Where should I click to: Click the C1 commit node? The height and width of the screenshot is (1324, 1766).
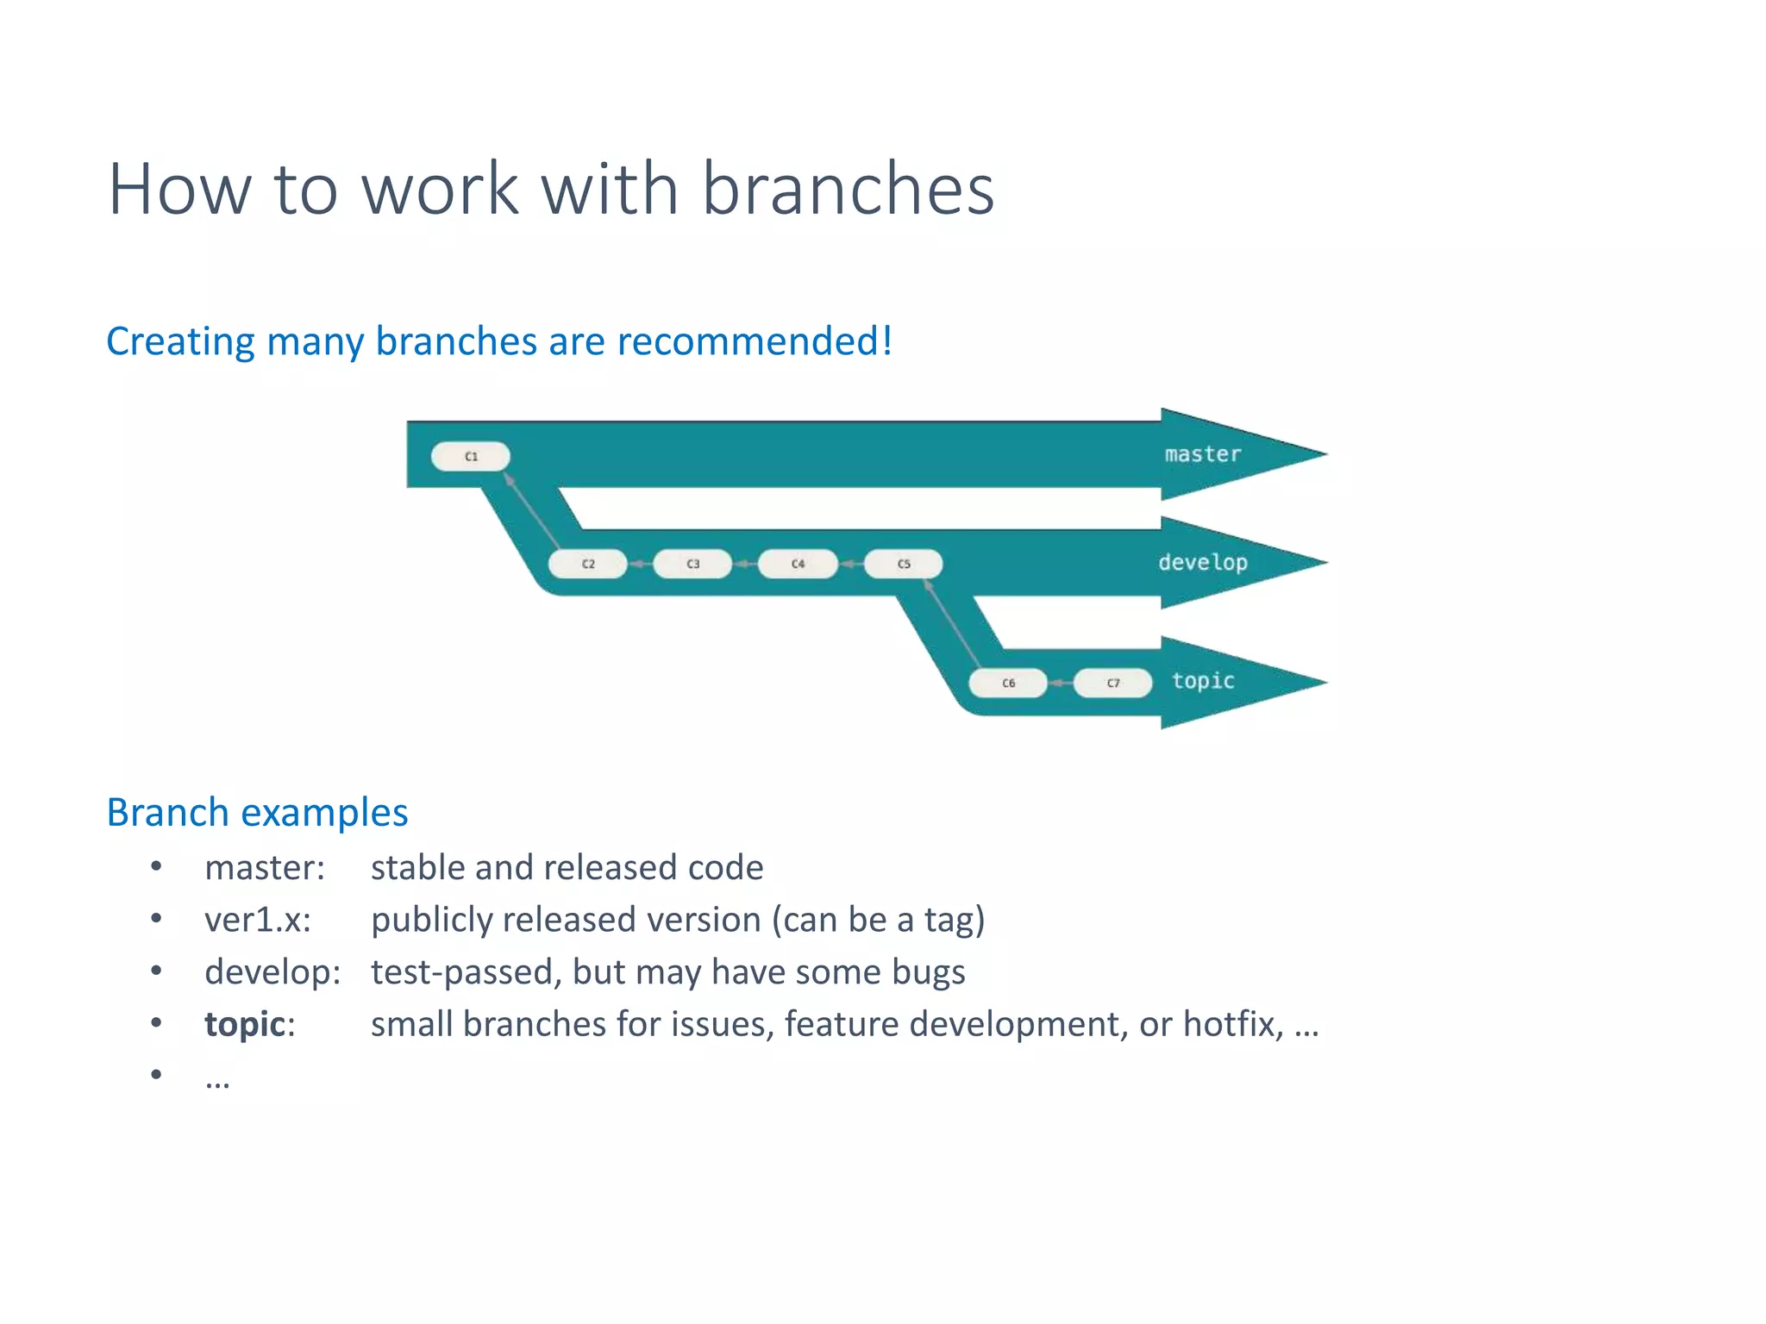470,456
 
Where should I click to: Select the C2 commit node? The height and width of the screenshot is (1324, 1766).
587,564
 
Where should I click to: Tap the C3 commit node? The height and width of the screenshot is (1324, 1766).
692,564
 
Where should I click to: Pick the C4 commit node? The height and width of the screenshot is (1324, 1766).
798,564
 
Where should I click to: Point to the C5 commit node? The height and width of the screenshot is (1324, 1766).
903,564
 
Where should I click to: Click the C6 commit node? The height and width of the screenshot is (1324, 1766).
1008,683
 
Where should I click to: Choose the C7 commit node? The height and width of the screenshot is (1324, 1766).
1113,683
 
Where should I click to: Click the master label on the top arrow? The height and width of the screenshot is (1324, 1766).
1202,454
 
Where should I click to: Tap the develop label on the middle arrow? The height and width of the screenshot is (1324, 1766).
1202,563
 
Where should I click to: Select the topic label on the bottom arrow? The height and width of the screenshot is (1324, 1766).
1202,681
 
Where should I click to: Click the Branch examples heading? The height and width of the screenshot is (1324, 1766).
257,813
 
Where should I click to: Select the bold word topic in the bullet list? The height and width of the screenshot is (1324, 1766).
245,1024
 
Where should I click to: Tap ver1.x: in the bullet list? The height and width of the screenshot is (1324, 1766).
257,920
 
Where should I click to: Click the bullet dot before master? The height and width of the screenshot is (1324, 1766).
156,866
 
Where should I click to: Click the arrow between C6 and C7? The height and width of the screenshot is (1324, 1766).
1061,683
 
